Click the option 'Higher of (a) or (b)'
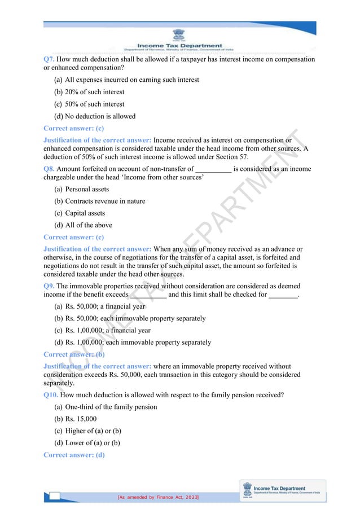93,431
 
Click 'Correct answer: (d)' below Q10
74,455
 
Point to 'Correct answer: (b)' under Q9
74,354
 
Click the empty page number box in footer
55,496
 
